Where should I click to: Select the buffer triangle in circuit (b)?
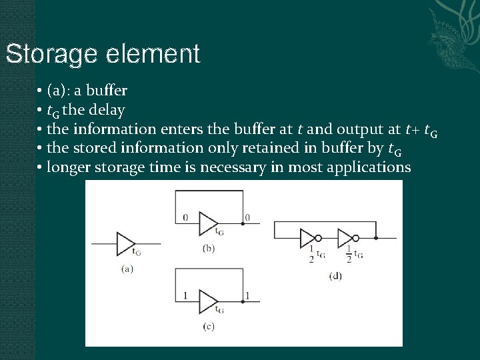point(207,224)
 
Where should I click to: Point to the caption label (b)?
point(208,248)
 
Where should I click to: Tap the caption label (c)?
point(209,326)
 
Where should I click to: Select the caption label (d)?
point(335,275)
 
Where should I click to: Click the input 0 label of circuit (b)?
point(185,217)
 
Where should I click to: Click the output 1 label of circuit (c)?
point(247,295)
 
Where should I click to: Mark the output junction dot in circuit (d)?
point(377,237)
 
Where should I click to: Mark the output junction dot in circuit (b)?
point(243,224)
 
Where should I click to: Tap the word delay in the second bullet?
point(106,109)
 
